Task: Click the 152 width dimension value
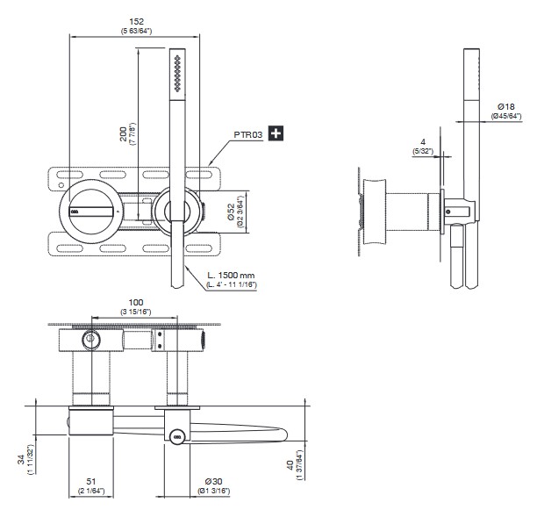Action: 136,22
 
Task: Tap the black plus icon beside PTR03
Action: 276,133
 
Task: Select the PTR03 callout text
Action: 248,134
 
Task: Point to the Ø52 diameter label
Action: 232,212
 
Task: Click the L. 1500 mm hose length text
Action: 231,275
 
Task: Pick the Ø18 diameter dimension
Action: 506,106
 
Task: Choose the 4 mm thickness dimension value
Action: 423,142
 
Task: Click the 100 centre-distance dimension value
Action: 136,303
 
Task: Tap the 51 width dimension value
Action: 91,482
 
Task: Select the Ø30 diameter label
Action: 214,482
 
